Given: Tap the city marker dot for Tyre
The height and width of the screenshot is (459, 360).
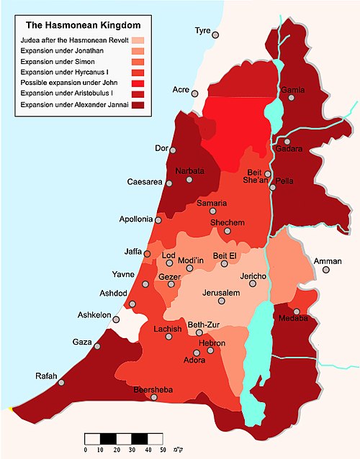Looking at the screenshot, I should pyautogui.click(x=215, y=35).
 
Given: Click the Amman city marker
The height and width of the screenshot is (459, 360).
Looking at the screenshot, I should pyautogui.click(x=326, y=270).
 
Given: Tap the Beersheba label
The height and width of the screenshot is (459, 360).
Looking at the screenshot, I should pyautogui.click(x=153, y=390).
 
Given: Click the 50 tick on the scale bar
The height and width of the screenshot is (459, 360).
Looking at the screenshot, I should pyautogui.click(x=163, y=450).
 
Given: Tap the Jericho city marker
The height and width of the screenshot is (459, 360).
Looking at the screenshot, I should pyautogui.click(x=253, y=284).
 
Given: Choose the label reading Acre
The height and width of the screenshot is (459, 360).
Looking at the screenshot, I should pyautogui.click(x=181, y=89).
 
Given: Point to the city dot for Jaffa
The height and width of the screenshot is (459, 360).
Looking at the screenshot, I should pyautogui.click(x=145, y=255).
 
